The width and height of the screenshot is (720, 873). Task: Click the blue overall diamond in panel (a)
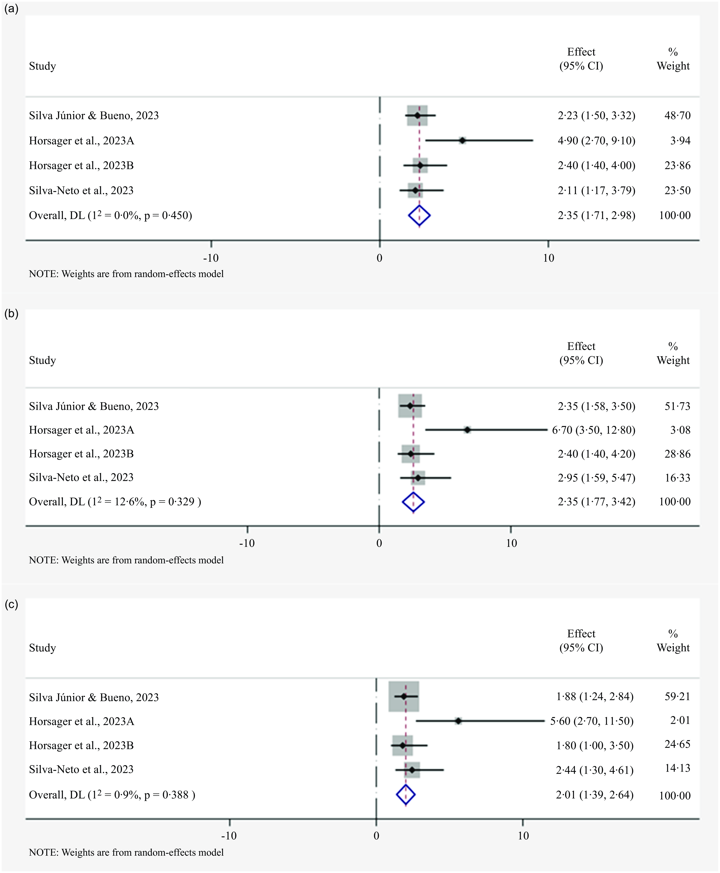click(x=419, y=215)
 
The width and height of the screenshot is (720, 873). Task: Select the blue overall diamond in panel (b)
click(x=414, y=502)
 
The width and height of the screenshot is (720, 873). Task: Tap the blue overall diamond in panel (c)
click(x=406, y=795)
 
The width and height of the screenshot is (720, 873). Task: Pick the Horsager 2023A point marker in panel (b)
click(x=467, y=430)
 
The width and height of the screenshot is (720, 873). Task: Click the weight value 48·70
click(x=677, y=115)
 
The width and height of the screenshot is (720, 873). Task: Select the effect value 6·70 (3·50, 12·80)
click(x=593, y=430)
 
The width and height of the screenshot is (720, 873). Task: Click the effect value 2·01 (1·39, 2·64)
click(x=595, y=795)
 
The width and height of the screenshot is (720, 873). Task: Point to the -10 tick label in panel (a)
click(x=211, y=258)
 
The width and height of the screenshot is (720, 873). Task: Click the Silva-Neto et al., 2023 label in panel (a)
click(x=81, y=190)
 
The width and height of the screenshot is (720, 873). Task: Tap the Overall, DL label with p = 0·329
click(x=115, y=502)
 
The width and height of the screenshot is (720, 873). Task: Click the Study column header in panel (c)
click(x=42, y=648)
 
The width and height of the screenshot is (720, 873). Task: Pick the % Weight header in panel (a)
click(x=673, y=59)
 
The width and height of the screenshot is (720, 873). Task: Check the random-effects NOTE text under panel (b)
click(x=126, y=560)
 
